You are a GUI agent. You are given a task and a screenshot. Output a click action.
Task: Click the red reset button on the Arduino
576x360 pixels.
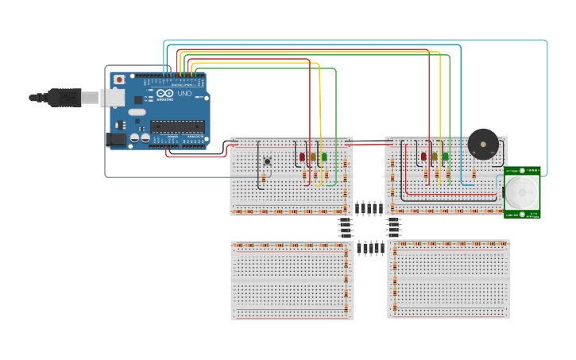click(x=119, y=79)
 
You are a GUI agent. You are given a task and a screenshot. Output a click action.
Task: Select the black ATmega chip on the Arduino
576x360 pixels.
click(x=178, y=124)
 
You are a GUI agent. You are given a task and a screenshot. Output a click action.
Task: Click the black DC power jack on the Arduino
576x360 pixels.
click(x=116, y=139)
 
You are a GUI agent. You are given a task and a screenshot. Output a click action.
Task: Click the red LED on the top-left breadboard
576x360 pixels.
click(x=303, y=157)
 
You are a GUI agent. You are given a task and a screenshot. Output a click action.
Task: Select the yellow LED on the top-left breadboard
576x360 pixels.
click(x=313, y=157)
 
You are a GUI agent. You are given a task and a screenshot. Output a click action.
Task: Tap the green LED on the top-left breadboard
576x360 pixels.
click(x=324, y=157)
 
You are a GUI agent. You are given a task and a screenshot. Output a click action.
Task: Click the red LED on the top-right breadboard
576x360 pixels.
click(x=424, y=157)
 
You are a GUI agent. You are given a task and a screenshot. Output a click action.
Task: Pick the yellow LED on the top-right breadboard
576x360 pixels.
click(x=435, y=157)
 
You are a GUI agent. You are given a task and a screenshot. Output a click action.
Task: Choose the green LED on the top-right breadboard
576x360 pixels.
click(x=446, y=157)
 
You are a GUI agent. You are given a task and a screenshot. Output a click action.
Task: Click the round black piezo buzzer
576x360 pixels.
click(x=483, y=144)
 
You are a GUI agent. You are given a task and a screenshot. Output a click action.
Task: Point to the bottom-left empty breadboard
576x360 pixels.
click(x=292, y=281)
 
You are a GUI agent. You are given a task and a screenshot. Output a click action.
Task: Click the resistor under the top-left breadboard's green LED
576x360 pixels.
click(x=324, y=176)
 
